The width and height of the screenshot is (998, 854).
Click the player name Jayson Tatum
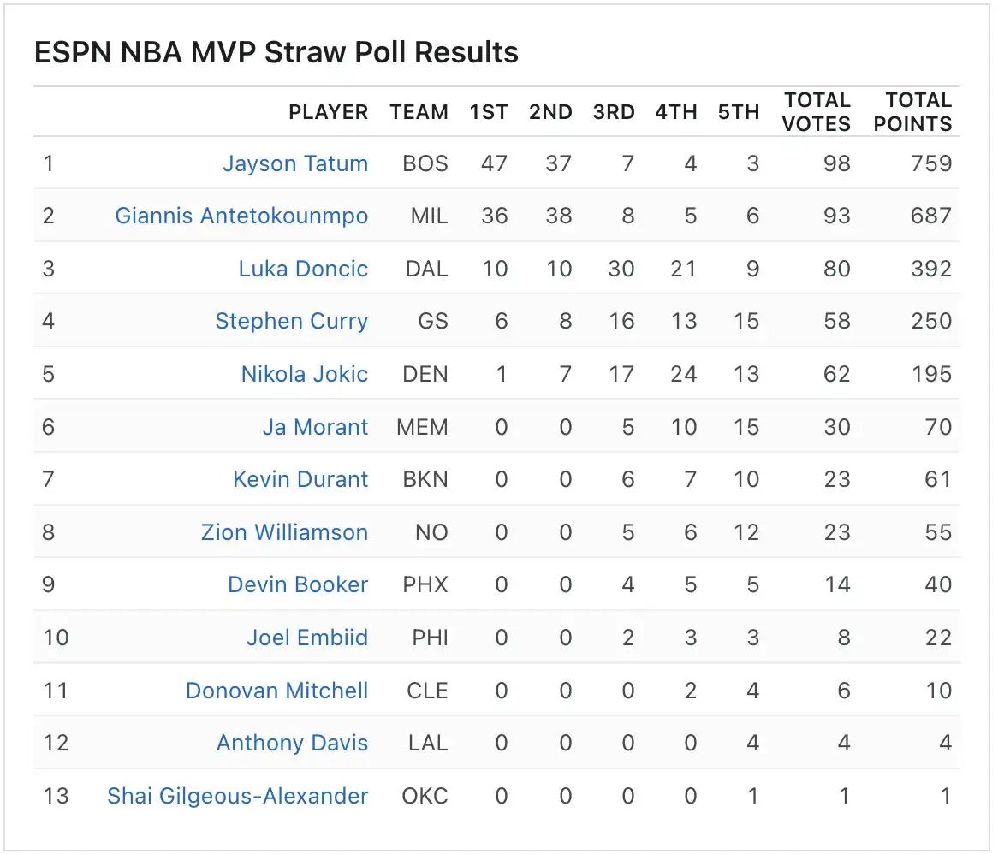295,163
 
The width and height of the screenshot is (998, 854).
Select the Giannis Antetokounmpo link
241,216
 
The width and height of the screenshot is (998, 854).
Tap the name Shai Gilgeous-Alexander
237,796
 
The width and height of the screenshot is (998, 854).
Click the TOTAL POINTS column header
912,112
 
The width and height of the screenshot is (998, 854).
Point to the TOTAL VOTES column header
817,112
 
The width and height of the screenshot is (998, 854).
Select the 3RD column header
614,112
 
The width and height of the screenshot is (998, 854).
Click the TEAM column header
419,112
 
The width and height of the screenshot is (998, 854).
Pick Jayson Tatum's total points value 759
931,163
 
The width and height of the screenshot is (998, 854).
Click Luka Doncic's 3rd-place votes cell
621,269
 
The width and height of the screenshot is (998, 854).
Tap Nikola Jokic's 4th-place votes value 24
683,374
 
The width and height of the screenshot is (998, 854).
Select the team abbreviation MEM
422,427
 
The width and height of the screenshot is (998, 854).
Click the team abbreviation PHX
425,584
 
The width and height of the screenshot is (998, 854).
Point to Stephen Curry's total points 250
931,321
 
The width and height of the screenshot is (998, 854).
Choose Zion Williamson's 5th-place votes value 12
746,532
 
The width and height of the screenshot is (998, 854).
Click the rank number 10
56,638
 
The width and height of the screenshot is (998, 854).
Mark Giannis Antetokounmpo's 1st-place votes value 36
494,216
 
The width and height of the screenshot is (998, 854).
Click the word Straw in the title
301,53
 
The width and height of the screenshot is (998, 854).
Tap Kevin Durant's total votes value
837,479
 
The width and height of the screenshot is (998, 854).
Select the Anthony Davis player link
292,743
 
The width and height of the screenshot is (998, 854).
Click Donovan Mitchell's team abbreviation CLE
427,691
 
